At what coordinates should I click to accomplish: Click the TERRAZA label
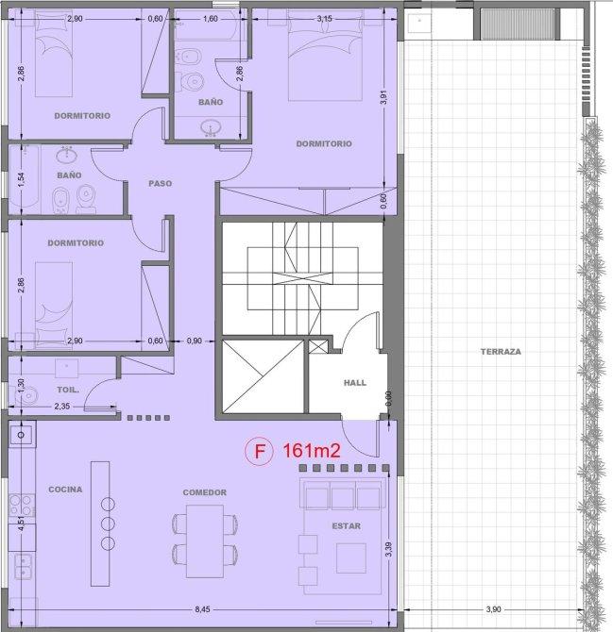(x=501, y=352)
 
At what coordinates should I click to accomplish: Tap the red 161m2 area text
(x=312, y=450)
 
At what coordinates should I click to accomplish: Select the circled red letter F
(x=260, y=451)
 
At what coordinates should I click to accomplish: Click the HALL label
(x=355, y=383)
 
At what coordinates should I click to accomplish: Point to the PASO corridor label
(x=161, y=183)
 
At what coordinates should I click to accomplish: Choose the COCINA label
(x=65, y=490)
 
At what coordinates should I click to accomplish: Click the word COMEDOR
(x=205, y=492)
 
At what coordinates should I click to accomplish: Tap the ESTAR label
(x=347, y=526)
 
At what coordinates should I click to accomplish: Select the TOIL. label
(x=68, y=390)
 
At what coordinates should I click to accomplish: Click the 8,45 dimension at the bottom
(x=202, y=609)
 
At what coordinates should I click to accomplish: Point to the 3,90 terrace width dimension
(x=493, y=609)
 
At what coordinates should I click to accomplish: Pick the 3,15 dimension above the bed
(x=325, y=19)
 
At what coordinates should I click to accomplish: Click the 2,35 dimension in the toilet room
(x=61, y=407)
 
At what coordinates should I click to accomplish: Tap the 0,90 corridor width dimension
(x=195, y=341)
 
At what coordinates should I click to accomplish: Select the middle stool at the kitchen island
(x=108, y=524)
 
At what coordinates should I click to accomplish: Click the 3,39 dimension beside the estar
(x=388, y=549)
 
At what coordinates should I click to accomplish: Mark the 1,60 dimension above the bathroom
(x=211, y=19)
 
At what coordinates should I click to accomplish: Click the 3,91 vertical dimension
(x=383, y=97)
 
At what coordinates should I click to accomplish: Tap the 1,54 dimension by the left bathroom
(x=22, y=179)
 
